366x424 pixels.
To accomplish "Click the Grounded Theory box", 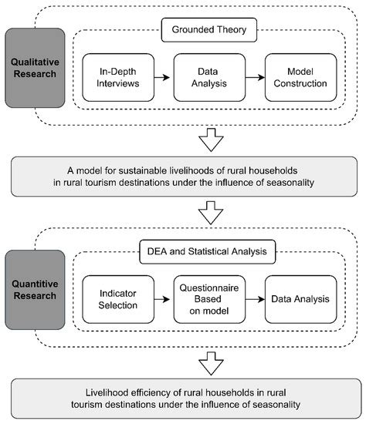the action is pyautogui.click(x=209, y=30).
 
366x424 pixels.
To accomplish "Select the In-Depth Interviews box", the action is pyautogui.click(x=118, y=78).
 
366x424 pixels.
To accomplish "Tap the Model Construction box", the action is pyautogui.click(x=300, y=78).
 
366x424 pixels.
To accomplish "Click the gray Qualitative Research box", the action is pyautogui.click(x=35, y=68).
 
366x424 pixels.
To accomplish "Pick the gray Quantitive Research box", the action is pyautogui.click(x=35, y=290).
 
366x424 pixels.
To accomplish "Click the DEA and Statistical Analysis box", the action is pyautogui.click(x=207, y=252).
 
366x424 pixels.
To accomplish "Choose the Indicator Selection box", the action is pyautogui.click(x=118, y=299).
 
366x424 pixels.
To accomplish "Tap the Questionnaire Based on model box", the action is pyautogui.click(x=209, y=299).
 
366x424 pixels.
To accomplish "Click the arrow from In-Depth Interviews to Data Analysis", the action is pyautogui.click(x=162, y=78).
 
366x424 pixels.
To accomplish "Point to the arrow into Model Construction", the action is pyautogui.click(x=256, y=78).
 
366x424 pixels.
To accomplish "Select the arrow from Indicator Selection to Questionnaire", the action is pyautogui.click(x=162, y=299).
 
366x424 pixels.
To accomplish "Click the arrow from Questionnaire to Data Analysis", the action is pyautogui.click(x=256, y=299).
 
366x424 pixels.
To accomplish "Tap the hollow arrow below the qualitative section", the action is pyautogui.click(x=211, y=140).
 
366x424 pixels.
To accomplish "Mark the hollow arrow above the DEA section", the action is pyautogui.click(x=211, y=213).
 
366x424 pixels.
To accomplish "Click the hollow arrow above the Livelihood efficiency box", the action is pyautogui.click(x=211, y=363).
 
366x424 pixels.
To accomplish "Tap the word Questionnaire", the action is pyautogui.click(x=209, y=288).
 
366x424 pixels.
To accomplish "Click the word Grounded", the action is pyautogui.click(x=191, y=29).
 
